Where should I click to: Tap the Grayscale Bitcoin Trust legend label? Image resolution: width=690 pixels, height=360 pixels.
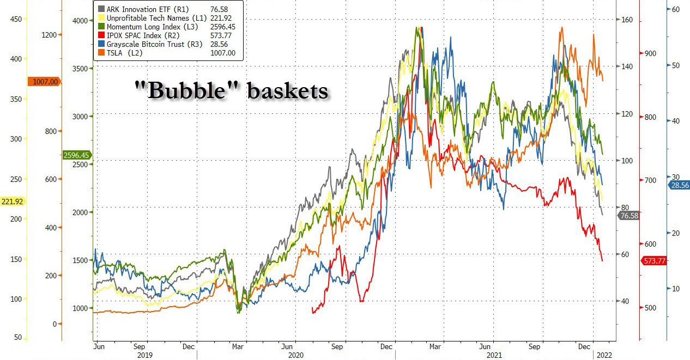150,44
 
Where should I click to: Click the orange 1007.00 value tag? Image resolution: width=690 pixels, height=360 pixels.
45,82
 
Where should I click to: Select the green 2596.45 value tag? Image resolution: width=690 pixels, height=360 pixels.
76,155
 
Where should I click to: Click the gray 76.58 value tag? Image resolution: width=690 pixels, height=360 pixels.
628,216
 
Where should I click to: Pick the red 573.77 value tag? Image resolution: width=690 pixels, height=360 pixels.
655,261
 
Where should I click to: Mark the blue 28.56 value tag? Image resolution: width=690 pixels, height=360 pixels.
679,185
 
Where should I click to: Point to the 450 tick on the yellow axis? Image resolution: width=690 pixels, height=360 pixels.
16,19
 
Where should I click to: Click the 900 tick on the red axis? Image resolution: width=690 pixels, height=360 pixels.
650,53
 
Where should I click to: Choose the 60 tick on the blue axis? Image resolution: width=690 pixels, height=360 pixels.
675,9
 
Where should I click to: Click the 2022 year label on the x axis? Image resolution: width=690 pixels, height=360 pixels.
604,355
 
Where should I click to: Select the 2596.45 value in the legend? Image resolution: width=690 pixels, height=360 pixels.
222,27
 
